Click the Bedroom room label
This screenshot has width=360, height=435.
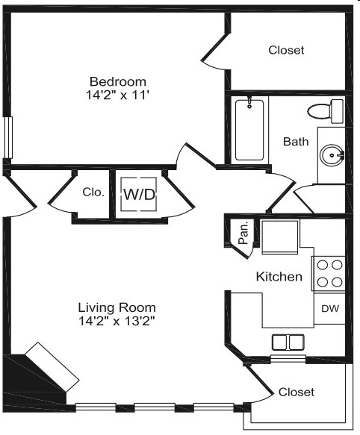pos(118,81)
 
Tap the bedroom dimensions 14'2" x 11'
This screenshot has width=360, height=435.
pos(118,95)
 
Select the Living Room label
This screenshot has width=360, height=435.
pos(118,307)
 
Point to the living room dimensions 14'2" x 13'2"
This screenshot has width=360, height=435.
pos(118,321)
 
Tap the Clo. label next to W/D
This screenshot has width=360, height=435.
pos(93,192)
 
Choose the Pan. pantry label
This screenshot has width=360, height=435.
pos(243,235)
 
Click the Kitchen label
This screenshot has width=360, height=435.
pos(279,277)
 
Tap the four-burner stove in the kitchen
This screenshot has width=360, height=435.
pos(329,273)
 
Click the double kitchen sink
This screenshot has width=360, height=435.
pos(288,342)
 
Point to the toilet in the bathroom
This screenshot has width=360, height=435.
pos(324,112)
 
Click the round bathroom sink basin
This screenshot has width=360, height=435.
pos(330,156)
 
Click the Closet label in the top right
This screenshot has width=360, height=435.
pos(286,50)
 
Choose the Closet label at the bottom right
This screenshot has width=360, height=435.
pos(296,392)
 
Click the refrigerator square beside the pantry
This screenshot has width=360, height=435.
pos(279,237)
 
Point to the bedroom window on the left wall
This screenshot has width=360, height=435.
pos(8,137)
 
